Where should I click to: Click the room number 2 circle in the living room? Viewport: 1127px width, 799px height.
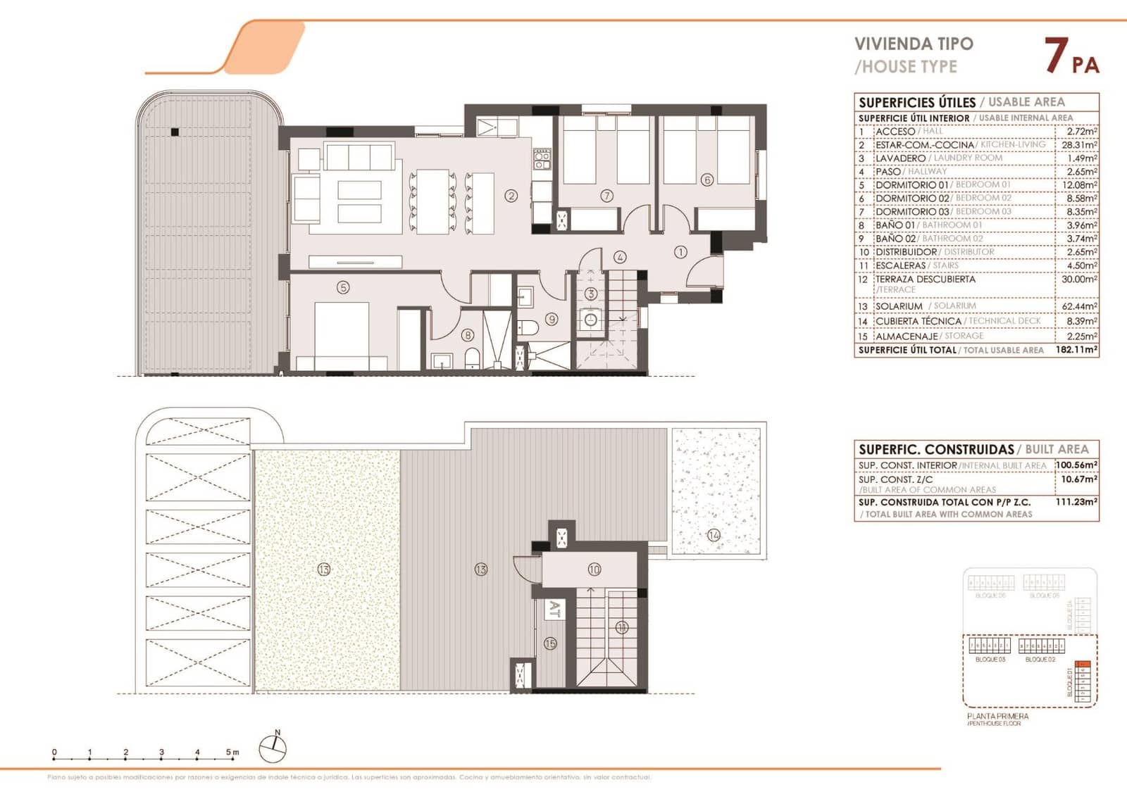[x=511, y=196]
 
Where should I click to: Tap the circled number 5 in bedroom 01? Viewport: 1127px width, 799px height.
[x=343, y=287]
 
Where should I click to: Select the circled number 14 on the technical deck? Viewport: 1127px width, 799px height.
[x=714, y=535]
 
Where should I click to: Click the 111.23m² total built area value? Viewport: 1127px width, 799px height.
[x=1078, y=502]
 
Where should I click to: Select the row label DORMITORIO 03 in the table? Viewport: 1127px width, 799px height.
[x=912, y=212]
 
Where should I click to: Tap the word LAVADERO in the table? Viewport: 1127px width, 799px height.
[x=900, y=158]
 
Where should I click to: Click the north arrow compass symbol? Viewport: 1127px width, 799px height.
[x=273, y=748]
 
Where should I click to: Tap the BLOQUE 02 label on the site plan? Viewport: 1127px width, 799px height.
[x=1040, y=660]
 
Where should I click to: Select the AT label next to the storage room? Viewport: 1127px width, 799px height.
[x=554, y=609]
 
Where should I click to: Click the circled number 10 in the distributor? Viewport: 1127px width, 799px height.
[x=594, y=570]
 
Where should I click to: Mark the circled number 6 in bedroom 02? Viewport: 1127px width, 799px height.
[x=708, y=180]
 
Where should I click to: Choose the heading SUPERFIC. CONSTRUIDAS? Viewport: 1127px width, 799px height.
[x=936, y=449]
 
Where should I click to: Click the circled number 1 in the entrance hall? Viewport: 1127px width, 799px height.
[x=680, y=251]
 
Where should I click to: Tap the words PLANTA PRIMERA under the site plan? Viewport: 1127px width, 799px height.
[x=997, y=716]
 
